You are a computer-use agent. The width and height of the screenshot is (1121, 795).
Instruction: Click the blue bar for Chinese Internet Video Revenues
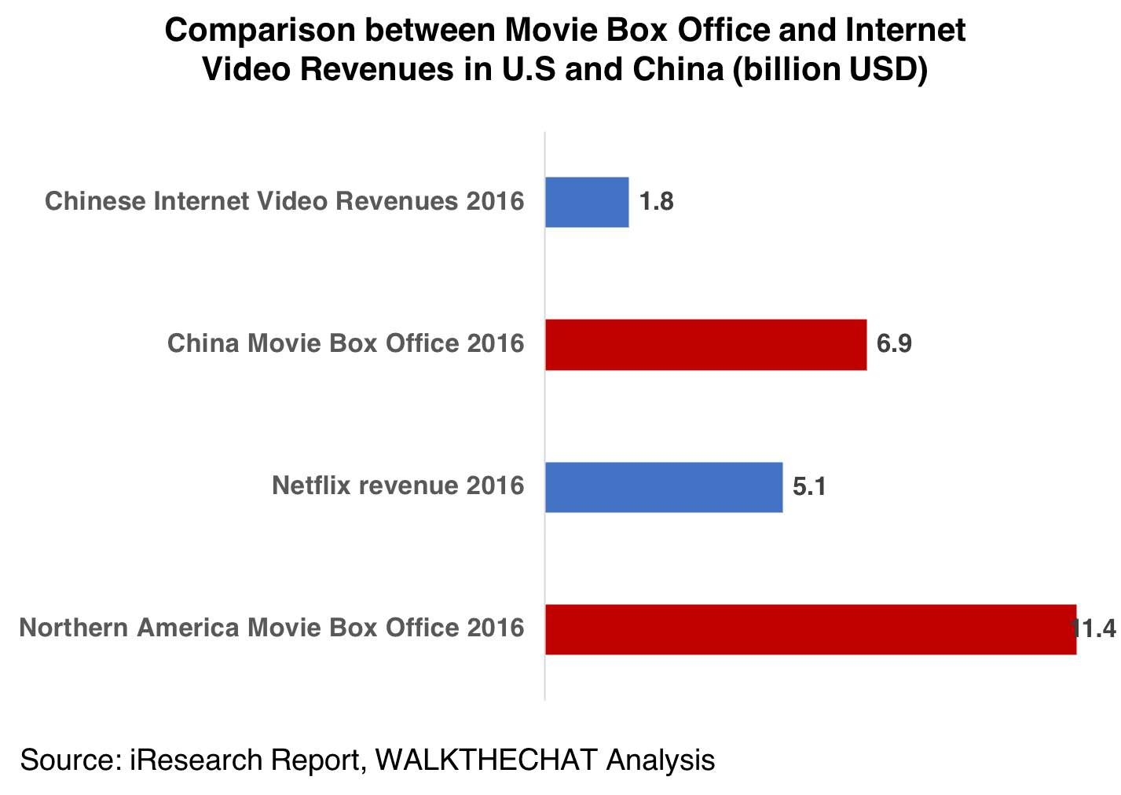click(587, 202)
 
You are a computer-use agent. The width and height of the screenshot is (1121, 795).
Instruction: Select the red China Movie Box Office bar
click(705, 344)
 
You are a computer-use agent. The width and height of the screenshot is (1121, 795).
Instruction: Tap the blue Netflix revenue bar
click(664, 487)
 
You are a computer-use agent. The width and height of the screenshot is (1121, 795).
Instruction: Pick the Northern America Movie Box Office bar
click(810, 629)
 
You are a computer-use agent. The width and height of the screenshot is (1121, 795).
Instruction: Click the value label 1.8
click(656, 202)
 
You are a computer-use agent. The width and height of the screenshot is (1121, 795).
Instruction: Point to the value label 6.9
click(894, 344)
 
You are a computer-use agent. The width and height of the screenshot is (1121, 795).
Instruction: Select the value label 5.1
click(809, 487)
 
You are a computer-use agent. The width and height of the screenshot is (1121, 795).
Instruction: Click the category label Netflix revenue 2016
click(397, 486)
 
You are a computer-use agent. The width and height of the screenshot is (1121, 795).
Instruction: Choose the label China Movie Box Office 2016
click(346, 344)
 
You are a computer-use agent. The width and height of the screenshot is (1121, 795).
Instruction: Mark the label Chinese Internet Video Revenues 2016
click(284, 202)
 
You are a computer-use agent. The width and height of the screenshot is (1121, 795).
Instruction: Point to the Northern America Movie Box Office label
click(271, 628)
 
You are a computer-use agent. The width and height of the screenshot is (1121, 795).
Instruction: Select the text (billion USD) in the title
click(830, 70)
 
